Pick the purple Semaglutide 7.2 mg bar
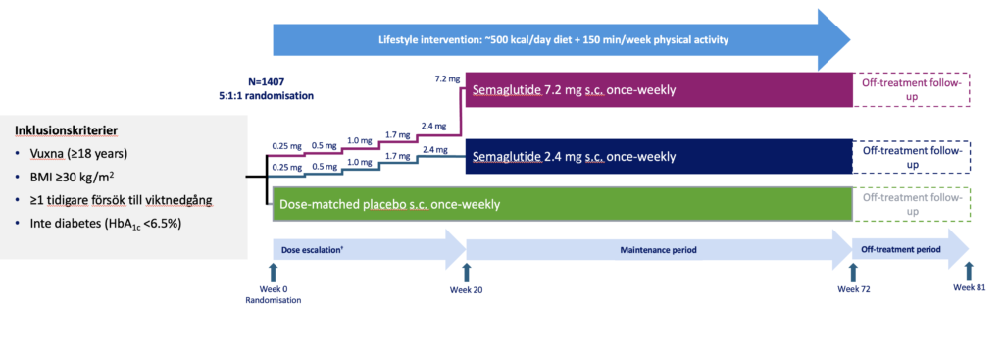click(x=659, y=89)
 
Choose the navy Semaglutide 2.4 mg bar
click(x=659, y=156)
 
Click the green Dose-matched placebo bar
click(x=563, y=205)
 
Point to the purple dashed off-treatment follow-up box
click(x=912, y=89)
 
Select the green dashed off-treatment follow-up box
click(x=912, y=205)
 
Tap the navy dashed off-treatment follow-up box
click(x=912, y=156)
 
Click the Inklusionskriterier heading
click(x=65, y=130)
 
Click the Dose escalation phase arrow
click(x=370, y=248)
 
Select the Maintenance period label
click(x=659, y=248)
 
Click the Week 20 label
click(x=466, y=289)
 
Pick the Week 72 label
click(x=854, y=289)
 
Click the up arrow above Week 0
click(x=273, y=271)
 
